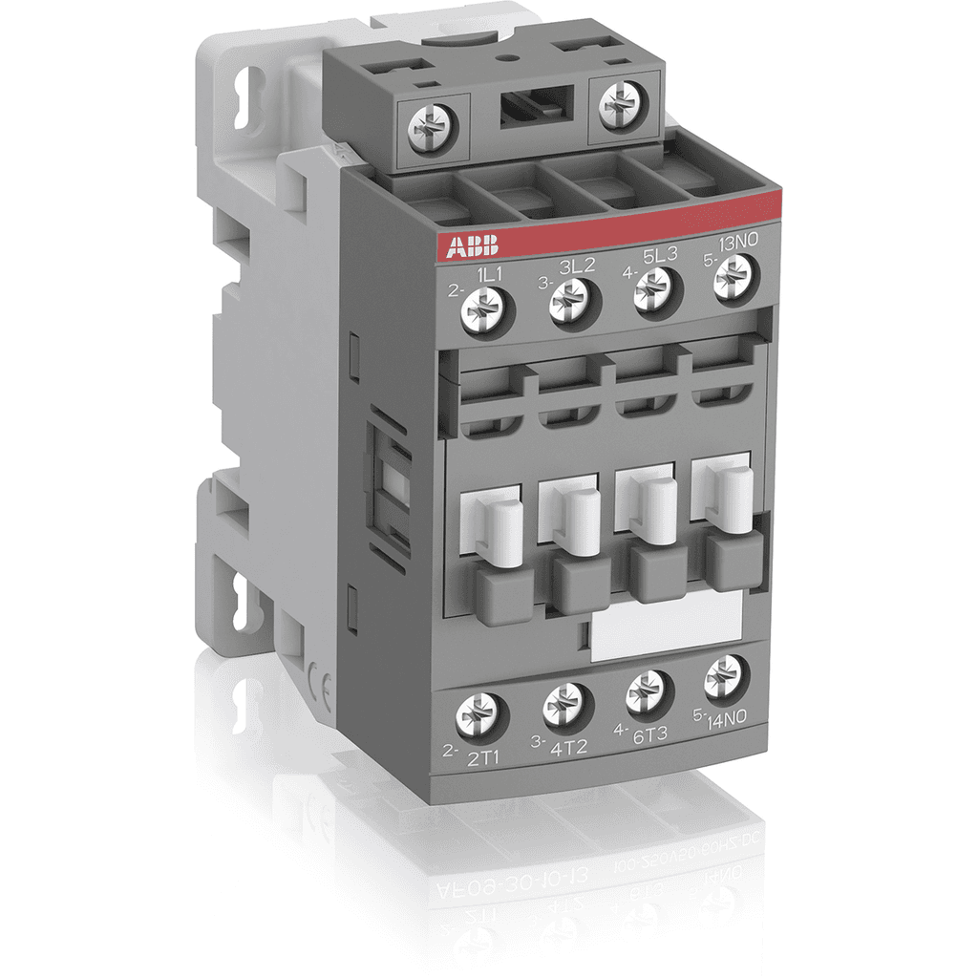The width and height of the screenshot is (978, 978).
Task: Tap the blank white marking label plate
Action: pos(667,627)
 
